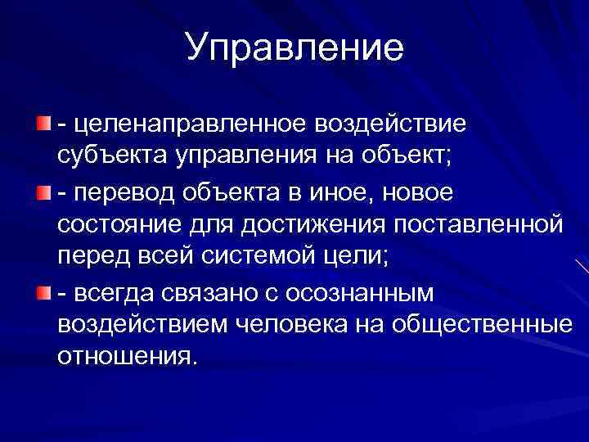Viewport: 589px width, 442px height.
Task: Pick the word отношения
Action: pos(127,358)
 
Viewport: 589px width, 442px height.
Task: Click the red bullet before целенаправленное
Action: pos(43,124)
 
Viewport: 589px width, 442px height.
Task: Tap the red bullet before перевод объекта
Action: pos(43,191)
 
